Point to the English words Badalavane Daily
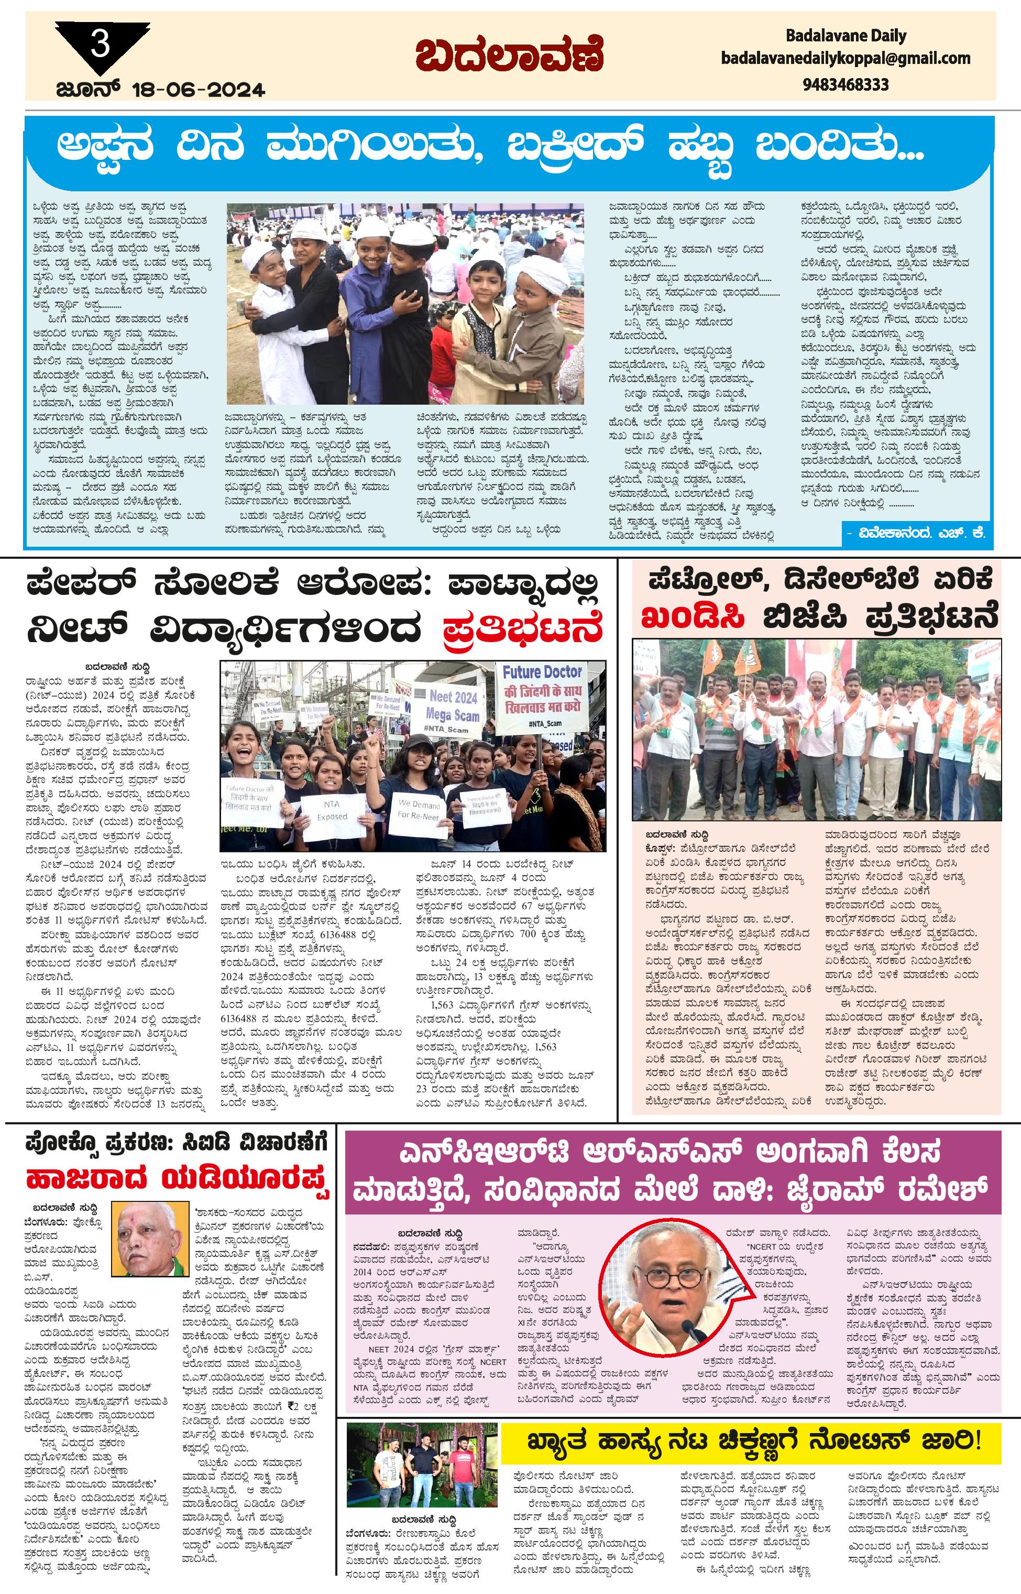coord(846,35)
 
